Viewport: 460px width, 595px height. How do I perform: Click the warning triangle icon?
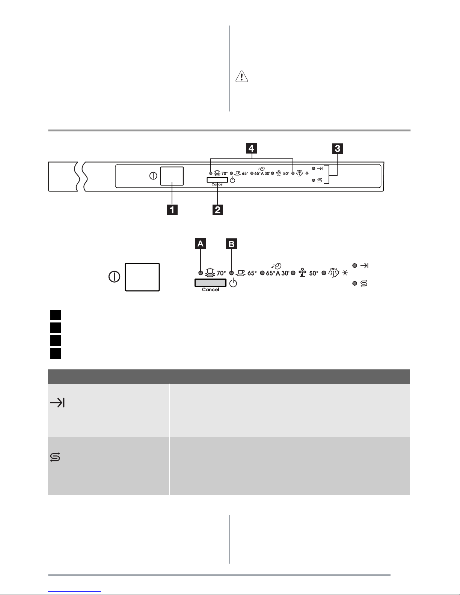[x=241, y=77]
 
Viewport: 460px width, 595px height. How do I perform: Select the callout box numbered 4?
[x=251, y=148]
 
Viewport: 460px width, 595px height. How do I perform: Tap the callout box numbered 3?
[x=337, y=148]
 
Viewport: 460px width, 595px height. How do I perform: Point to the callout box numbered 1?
[x=172, y=210]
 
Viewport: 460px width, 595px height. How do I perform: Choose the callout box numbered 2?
[x=218, y=210]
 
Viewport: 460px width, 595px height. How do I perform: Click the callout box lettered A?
[x=201, y=243]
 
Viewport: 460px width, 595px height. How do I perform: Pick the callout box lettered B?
[x=231, y=244]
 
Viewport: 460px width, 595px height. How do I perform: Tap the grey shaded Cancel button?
[x=211, y=283]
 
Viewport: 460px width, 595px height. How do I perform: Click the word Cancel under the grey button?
[x=211, y=290]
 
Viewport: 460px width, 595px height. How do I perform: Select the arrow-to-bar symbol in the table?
[x=57, y=403]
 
